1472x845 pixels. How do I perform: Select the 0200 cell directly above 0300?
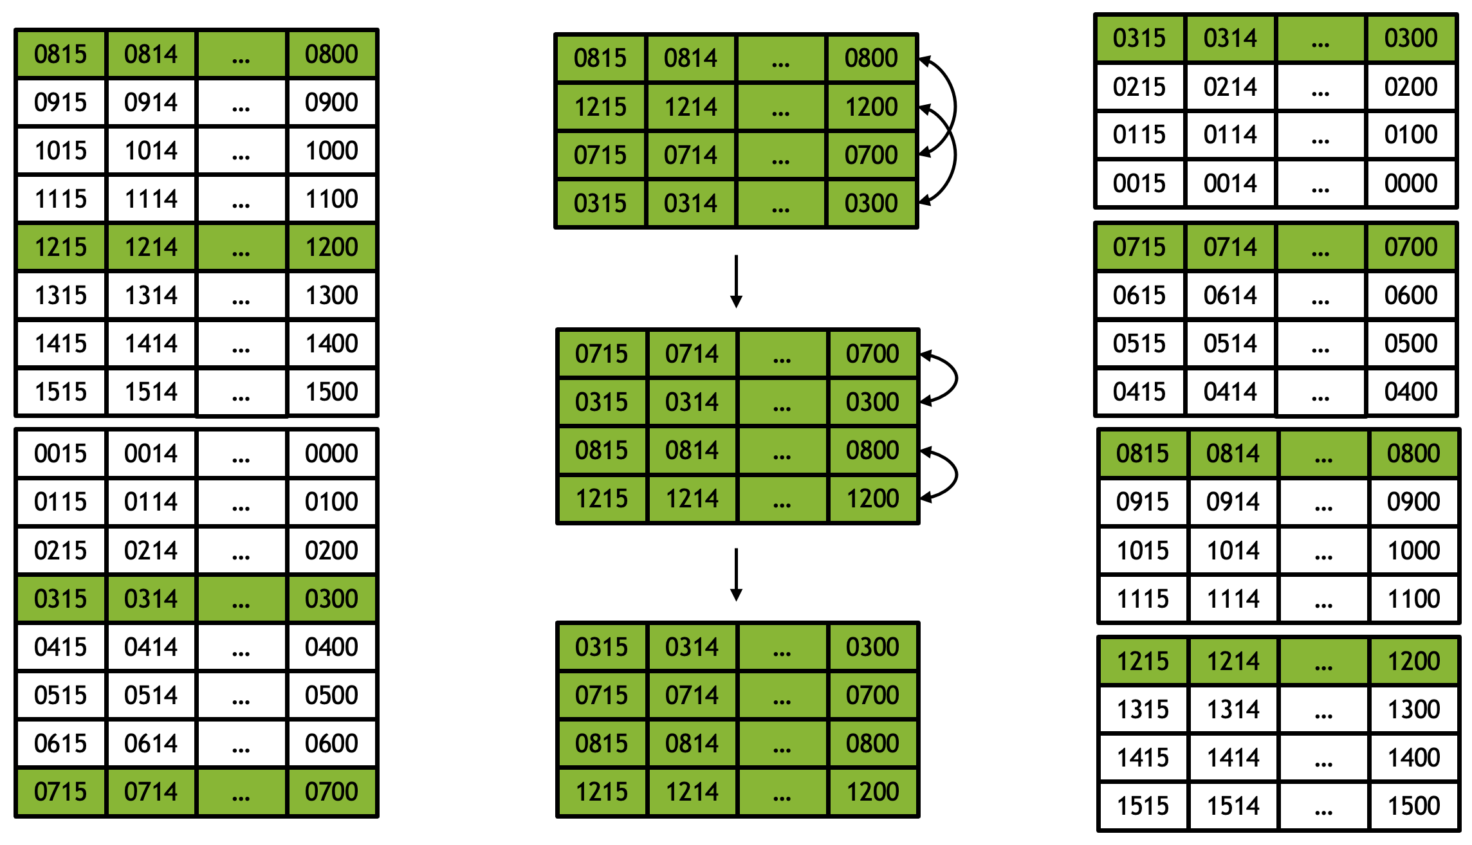(331, 550)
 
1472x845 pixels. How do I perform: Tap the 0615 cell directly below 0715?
(1139, 295)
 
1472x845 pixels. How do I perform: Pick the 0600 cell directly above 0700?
(331, 743)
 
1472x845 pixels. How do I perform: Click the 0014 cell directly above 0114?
(151, 453)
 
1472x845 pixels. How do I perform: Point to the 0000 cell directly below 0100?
(1411, 183)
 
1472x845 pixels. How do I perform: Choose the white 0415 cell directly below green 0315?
(60, 647)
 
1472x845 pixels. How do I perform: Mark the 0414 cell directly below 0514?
(1230, 392)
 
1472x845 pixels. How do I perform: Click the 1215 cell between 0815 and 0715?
(600, 107)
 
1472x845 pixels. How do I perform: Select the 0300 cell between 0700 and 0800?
(872, 402)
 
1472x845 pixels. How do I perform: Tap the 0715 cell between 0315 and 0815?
(602, 695)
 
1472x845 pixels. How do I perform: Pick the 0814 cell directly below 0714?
(692, 743)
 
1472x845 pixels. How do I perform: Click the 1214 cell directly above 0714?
(691, 107)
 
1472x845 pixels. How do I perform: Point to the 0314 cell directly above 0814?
(692, 402)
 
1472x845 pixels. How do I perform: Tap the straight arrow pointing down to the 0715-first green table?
(737, 282)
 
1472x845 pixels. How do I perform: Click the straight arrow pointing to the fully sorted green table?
(737, 574)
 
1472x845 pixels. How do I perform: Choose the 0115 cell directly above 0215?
(60, 502)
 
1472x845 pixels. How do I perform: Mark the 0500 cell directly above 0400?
(1411, 343)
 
